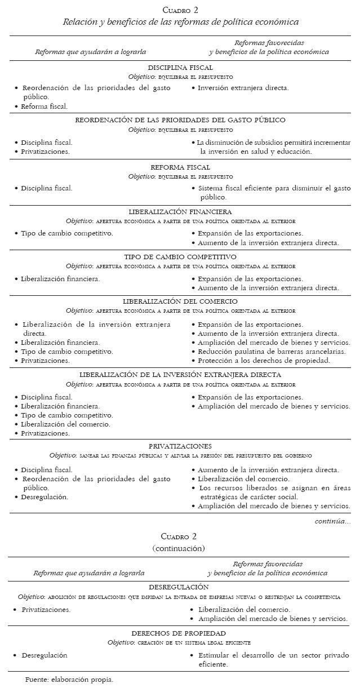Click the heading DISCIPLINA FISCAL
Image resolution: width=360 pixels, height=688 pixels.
click(180, 68)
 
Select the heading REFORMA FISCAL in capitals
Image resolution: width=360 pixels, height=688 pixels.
click(180, 167)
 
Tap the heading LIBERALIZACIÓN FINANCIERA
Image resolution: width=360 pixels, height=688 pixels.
click(180, 212)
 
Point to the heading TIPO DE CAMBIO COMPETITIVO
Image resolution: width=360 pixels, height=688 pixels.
click(180, 257)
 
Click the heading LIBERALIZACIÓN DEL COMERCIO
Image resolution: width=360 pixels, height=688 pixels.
click(180, 301)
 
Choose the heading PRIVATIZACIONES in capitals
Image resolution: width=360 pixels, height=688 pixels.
click(180, 446)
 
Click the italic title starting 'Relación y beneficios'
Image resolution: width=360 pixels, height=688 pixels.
click(180, 23)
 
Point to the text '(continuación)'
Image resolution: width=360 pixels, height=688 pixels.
click(179, 548)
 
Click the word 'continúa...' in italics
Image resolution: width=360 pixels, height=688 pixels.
click(332, 521)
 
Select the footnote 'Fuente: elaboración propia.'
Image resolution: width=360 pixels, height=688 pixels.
click(69, 680)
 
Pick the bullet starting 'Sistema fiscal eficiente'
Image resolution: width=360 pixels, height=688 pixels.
click(273, 193)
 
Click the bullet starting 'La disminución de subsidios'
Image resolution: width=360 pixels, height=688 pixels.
click(273, 147)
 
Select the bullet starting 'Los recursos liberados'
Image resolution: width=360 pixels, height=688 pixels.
click(273, 492)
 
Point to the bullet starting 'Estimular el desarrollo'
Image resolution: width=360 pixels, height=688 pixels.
click(273, 660)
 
